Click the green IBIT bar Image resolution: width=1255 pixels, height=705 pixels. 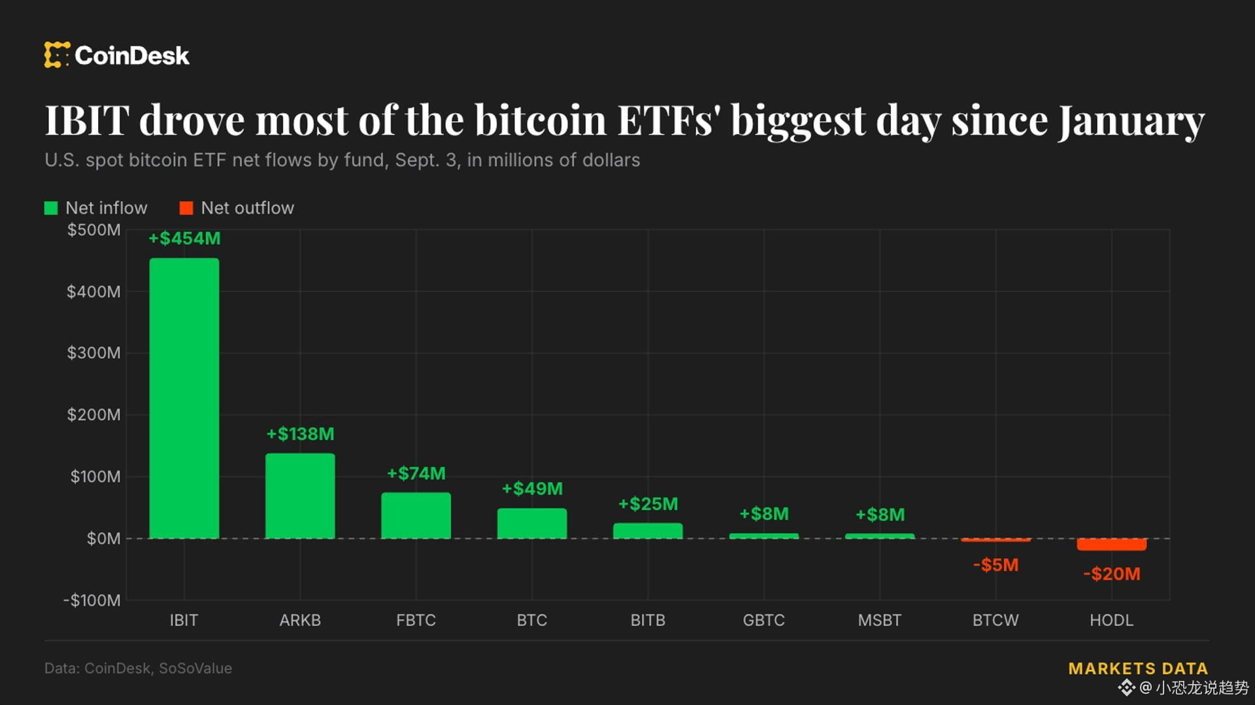184,398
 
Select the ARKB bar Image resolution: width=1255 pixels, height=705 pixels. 300,496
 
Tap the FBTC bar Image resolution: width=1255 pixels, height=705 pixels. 416,516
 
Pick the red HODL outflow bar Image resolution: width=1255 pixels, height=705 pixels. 1111,544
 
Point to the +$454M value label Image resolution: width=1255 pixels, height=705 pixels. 184,238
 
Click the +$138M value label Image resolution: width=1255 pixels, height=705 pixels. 300,434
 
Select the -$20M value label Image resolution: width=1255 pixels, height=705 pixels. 1111,574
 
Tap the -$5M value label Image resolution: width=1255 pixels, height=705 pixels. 996,565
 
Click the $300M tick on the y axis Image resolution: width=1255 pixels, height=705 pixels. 93,353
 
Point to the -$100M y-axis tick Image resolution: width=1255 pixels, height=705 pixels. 92,600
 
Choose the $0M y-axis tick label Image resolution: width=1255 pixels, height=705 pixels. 103,538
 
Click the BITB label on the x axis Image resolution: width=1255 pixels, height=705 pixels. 648,620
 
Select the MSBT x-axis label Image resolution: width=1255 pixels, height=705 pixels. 880,620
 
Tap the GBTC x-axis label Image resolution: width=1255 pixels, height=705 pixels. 763,620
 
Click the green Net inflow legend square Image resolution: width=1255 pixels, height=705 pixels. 51,208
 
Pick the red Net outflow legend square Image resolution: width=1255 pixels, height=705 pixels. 186,208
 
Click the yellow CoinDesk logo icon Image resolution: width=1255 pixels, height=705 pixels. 57,55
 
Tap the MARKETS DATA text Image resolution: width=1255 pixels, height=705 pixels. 1138,668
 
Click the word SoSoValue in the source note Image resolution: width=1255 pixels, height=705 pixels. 195,668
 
